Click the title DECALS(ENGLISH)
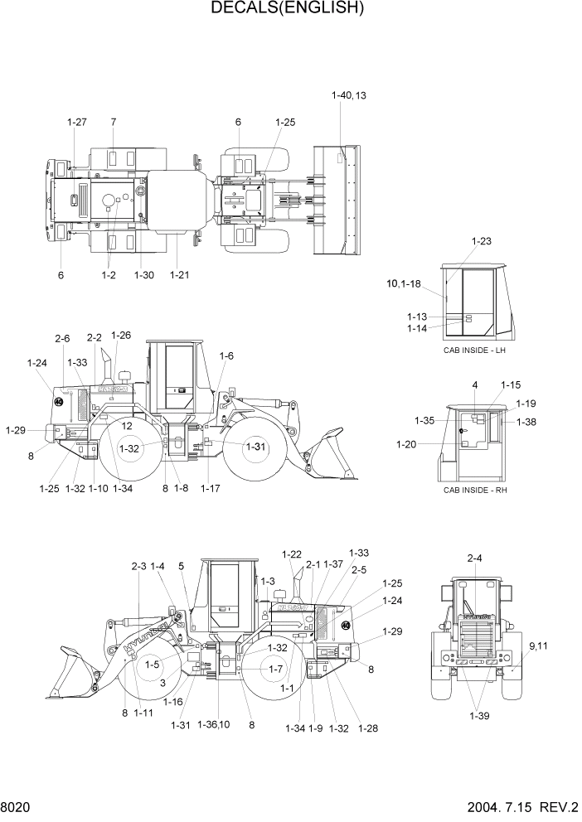click(x=288, y=9)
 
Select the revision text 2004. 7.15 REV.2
click(x=512, y=807)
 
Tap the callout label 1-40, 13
click(x=348, y=95)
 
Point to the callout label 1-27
click(x=76, y=122)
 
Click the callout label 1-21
click(x=178, y=274)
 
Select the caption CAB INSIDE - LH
click(x=474, y=351)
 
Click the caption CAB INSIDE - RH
click(x=474, y=490)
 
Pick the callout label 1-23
click(x=481, y=241)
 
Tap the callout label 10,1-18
click(x=404, y=283)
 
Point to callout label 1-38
click(x=526, y=422)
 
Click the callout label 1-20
click(x=407, y=444)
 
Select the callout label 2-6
click(x=63, y=338)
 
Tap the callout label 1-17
click(x=210, y=488)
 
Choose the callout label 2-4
click(x=474, y=558)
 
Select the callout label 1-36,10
click(x=213, y=724)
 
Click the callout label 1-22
click(x=291, y=554)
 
